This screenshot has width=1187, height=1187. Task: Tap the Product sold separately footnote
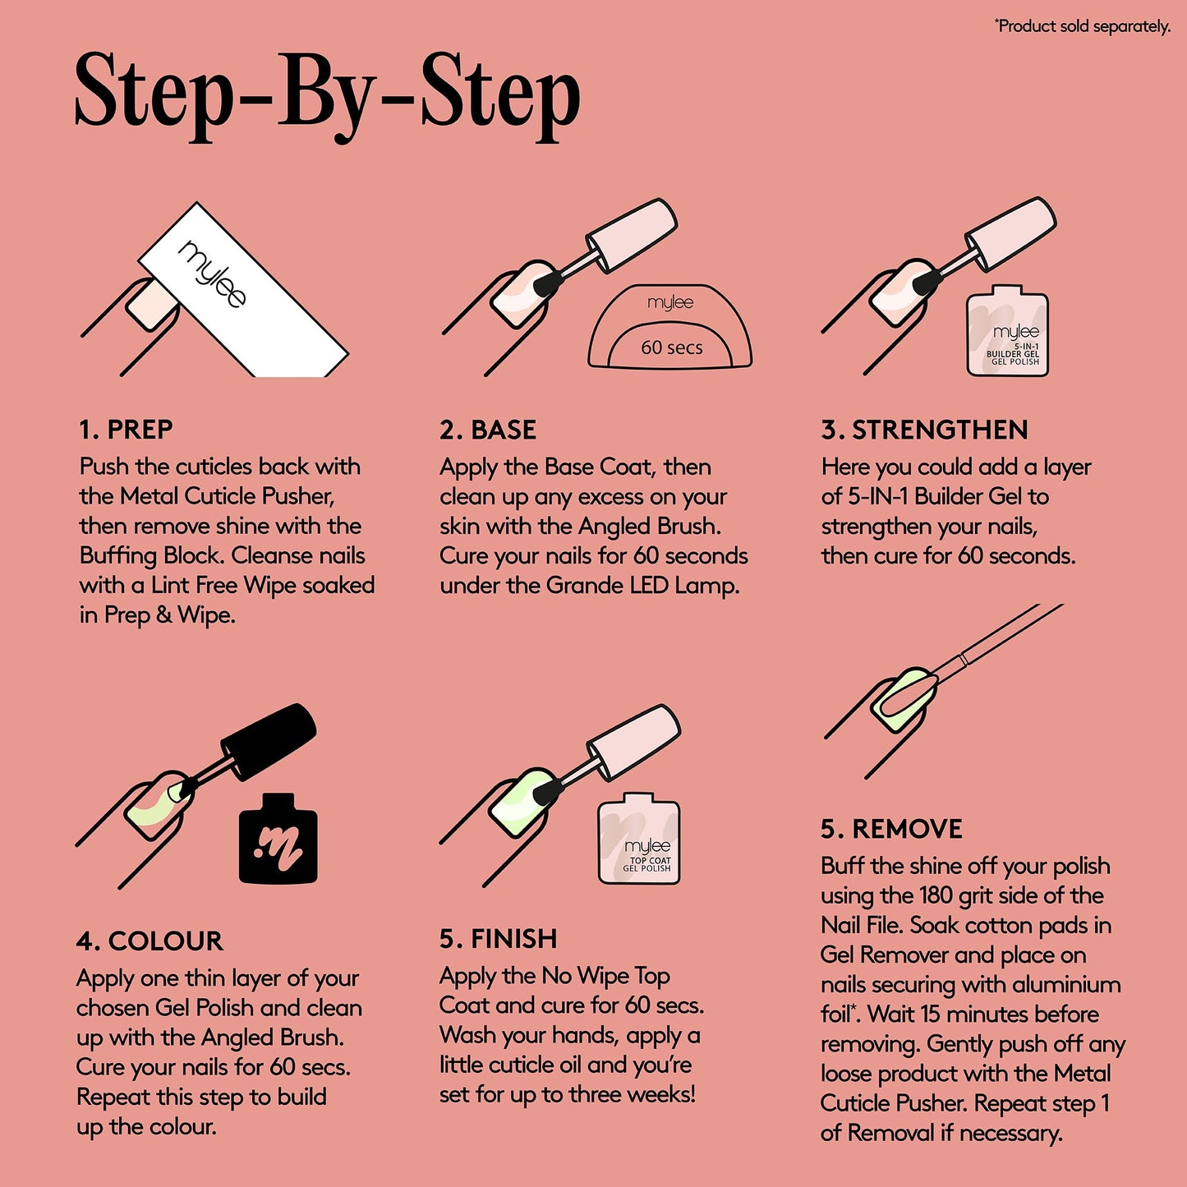(x=1083, y=26)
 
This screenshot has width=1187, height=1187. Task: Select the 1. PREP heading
(x=127, y=430)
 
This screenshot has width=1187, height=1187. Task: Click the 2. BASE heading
(x=488, y=430)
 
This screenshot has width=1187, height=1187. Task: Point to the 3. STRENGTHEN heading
(x=925, y=430)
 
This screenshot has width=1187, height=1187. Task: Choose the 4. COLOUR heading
(x=150, y=941)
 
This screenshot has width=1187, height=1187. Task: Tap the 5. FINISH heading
(x=499, y=939)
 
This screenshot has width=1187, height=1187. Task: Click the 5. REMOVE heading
(x=891, y=829)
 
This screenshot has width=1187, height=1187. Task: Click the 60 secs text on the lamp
(x=671, y=347)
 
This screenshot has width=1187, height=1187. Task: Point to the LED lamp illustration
(x=670, y=326)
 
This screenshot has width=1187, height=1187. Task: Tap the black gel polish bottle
(x=278, y=839)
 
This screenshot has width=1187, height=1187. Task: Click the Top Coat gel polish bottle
(x=639, y=839)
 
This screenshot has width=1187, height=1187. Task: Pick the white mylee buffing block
(x=242, y=289)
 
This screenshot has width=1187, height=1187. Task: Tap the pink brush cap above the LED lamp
(x=632, y=235)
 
